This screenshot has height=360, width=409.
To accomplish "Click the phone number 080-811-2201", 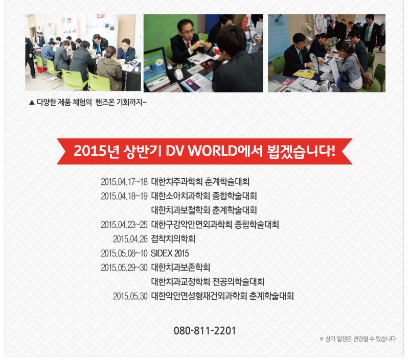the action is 204,330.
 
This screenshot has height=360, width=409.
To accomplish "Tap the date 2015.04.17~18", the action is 124,182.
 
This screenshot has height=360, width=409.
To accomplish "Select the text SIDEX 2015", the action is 170,253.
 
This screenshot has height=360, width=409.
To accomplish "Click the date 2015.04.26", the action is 130,239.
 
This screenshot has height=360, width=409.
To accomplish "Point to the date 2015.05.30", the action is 130,296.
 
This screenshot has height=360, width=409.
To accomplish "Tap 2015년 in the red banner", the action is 96,151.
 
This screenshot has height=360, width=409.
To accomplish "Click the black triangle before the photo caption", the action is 32,102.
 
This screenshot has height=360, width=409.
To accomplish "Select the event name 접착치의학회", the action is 173,239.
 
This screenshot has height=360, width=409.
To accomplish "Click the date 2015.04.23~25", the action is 124,225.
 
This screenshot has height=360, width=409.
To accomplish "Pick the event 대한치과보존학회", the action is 180,267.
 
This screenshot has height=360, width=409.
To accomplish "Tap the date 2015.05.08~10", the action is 124,253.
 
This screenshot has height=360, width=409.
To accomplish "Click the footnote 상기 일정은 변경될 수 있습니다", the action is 360,339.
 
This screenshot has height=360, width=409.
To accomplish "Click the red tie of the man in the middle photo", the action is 188,44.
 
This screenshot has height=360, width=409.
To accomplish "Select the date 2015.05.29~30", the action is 124,268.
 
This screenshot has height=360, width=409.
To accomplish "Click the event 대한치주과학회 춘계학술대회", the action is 200,182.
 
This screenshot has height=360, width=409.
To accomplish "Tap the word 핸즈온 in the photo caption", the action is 105,102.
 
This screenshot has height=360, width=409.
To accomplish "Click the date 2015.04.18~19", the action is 124,196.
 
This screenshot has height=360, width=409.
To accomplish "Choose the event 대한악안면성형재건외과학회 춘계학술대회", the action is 222,296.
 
